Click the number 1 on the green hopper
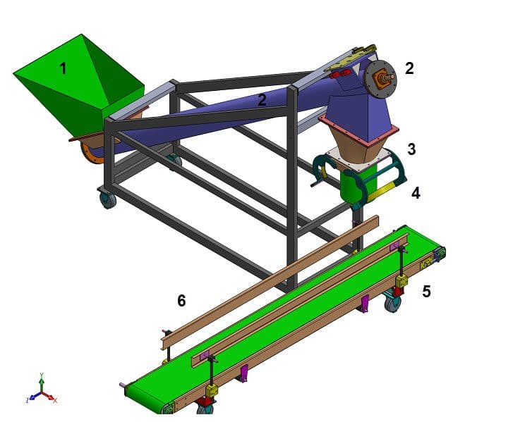[x=63, y=68]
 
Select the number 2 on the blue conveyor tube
[x=262, y=100]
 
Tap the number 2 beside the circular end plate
[x=409, y=68]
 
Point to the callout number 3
[x=411, y=149]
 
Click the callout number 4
[x=416, y=193]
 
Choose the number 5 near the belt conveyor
[x=426, y=291]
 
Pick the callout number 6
[x=181, y=301]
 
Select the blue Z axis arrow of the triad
[x=34, y=397]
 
